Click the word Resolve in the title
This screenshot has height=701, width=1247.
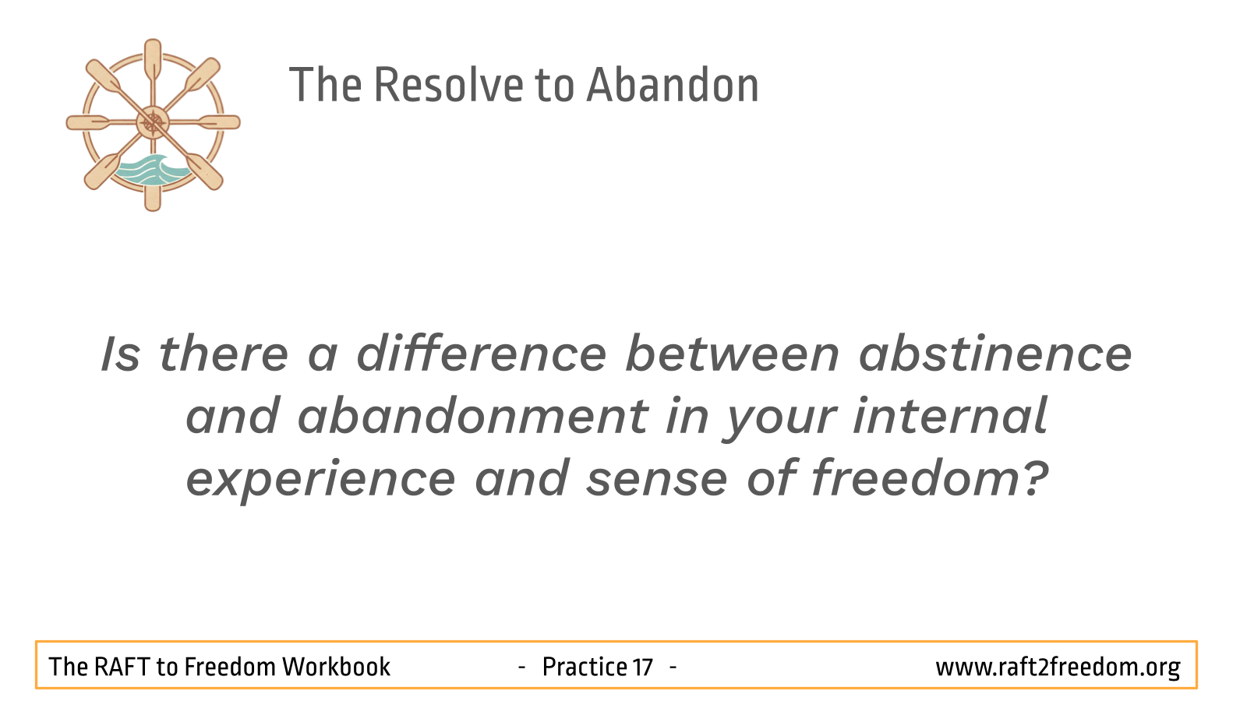point(449,85)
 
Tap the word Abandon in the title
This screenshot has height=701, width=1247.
point(673,85)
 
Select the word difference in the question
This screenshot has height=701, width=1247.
point(482,354)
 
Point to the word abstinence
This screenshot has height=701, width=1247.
point(995,354)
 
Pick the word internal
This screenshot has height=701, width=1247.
point(950,417)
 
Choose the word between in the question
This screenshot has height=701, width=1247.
point(733,354)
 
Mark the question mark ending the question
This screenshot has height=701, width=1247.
point(1036,477)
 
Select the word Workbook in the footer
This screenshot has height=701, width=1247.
point(336,667)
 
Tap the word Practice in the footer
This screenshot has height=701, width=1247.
point(585,667)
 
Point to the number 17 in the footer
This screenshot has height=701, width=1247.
point(643,667)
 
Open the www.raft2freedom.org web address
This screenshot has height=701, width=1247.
point(1058,668)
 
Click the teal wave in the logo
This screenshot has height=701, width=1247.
point(151,170)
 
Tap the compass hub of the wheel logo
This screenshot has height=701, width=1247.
point(153,122)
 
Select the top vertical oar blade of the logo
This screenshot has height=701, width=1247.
point(153,58)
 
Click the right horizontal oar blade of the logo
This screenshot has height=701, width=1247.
point(219,122)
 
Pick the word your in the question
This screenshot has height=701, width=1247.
point(780,419)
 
